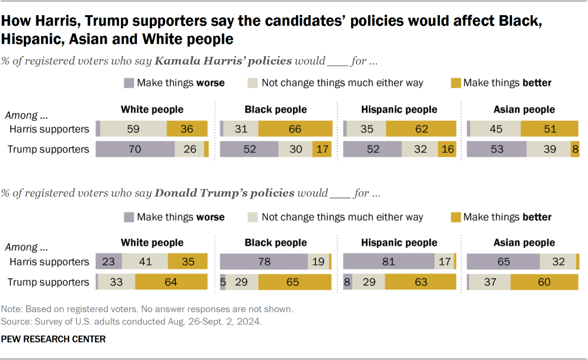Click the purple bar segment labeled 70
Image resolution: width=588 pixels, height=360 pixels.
coord(135,149)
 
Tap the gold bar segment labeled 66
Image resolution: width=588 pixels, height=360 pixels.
coord(295,129)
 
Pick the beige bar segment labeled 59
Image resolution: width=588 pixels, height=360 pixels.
coord(133,129)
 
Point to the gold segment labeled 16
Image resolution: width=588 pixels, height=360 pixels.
coord(447,149)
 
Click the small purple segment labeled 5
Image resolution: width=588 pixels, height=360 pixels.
coord(222,282)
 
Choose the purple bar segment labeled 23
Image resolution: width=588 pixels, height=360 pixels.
coord(109,262)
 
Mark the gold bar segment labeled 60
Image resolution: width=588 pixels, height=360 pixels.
coord(544,282)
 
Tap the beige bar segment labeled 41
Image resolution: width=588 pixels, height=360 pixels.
coord(145,262)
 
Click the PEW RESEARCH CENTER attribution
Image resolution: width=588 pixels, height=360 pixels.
coord(53,339)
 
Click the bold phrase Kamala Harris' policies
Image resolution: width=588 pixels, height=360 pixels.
coord(223,61)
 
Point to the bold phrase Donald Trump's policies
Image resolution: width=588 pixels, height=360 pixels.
coord(225,193)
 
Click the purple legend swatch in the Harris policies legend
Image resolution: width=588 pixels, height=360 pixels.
coord(129,83)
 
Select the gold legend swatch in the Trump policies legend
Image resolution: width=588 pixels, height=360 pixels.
coord(455,217)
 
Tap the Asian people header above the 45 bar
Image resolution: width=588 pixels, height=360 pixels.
coord(524,110)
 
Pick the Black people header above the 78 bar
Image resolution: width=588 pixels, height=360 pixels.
coord(276,242)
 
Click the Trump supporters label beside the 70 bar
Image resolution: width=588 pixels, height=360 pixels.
coord(49,149)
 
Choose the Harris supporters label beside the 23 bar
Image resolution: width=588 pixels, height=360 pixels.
coord(49,262)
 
